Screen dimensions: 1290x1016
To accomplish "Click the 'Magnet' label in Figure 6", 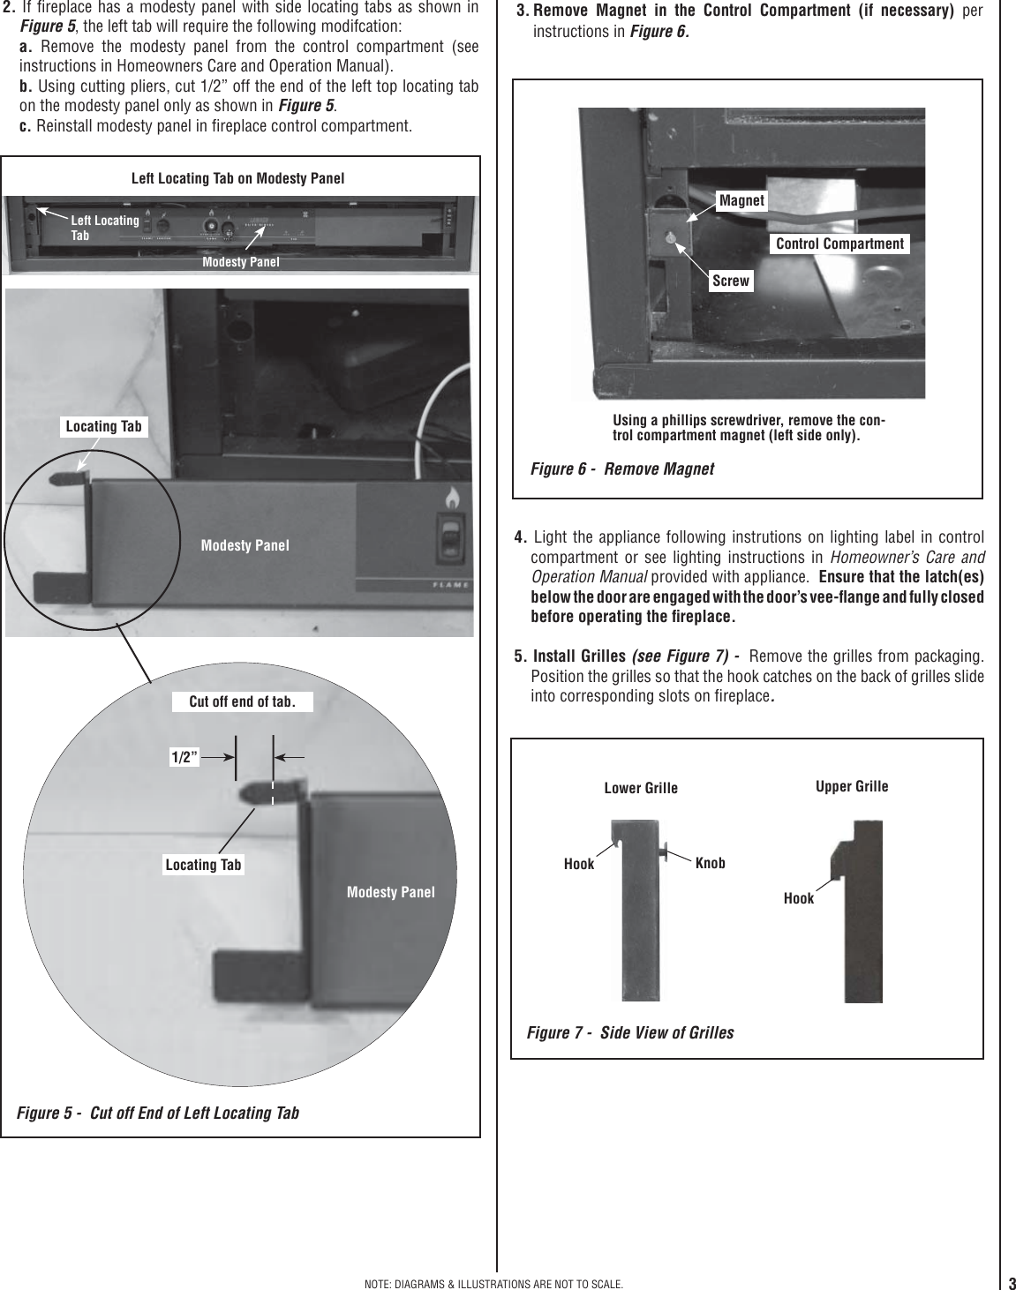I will tap(741, 200).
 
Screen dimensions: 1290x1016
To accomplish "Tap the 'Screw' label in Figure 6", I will tap(731, 281).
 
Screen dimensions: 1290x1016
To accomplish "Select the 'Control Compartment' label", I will tap(839, 244).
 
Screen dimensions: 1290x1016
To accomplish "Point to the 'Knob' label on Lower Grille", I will tap(710, 863).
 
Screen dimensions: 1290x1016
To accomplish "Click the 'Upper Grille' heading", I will tap(852, 785).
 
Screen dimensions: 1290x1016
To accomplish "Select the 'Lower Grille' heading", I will tap(641, 788).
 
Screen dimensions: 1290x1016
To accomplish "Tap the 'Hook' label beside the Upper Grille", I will tap(799, 898).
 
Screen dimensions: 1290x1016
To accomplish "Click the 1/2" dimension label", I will tap(184, 756).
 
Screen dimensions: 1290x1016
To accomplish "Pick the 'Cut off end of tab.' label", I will tap(240, 701).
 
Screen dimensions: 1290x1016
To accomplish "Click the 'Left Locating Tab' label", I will tap(104, 228).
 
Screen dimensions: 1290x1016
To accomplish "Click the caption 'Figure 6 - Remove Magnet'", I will tap(621, 469).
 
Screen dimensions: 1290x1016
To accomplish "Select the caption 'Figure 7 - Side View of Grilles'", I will tap(629, 1032).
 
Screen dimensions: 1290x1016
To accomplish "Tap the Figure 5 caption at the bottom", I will tap(158, 1113).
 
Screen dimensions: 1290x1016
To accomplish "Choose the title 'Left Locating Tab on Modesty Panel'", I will tap(237, 178).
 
